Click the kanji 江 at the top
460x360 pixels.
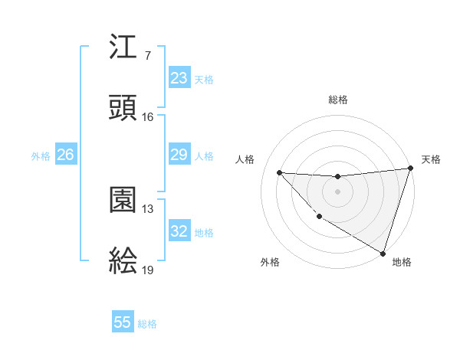pyautogui.click(x=123, y=50)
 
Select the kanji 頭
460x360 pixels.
pyautogui.click(x=123, y=109)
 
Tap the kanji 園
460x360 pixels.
pyautogui.click(x=123, y=201)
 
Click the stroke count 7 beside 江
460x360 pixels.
pyautogui.click(x=147, y=56)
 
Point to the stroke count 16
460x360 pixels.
pyautogui.click(x=148, y=116)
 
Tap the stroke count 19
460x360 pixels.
pyautogui.click(x=148, y=270)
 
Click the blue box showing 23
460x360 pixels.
pyautogui.click(x=179, y=78)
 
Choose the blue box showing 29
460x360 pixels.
pyautogui.click(x=179, y=155)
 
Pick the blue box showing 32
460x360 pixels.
pyautogui.click(x=179, y=231)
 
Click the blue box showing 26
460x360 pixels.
pyautogui.click(x=66, y=155)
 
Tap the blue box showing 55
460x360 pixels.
pyautogui.click(x=123, y=322)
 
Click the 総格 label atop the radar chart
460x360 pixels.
pyautogui.click(x=338, y=100)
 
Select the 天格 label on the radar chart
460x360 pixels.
pyautogui.click(x=431, y=159)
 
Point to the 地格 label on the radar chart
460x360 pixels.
pyautogui.click(x=402, y=262)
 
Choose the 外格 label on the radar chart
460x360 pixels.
pyautogui.click(x=270, y=262)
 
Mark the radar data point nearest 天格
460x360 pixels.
pyautogui.click(x=410, y=169)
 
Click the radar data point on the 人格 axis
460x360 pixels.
pyautogui.click(x=279, y=172)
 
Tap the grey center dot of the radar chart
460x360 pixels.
pyautogui.click(x=337, y=191)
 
